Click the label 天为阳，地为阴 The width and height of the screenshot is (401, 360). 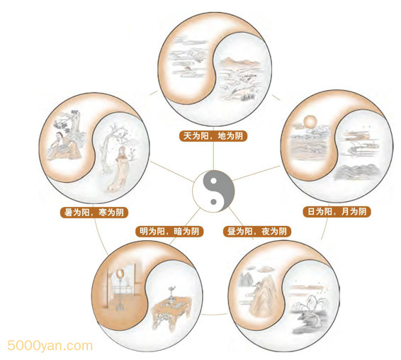[x=213, y=135]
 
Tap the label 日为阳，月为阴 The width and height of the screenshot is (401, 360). [x=337, y=212]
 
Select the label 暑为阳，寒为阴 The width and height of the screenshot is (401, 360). [x=94, y=213]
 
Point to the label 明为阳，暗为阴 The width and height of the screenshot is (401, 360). [x=169, y=231]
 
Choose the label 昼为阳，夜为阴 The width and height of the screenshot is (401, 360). [x=257, y=231]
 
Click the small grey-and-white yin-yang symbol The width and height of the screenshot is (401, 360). [x=213, y=191]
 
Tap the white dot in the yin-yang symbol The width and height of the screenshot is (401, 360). [x=213, y=181]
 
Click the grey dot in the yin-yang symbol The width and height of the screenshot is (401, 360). [x=213, y=201]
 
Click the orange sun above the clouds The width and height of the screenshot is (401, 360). [x=310, y=122]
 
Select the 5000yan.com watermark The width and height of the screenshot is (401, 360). [x=50, y=346]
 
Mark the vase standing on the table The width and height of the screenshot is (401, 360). [x=171, y=293]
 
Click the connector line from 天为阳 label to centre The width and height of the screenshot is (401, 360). [x=213, y=156]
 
